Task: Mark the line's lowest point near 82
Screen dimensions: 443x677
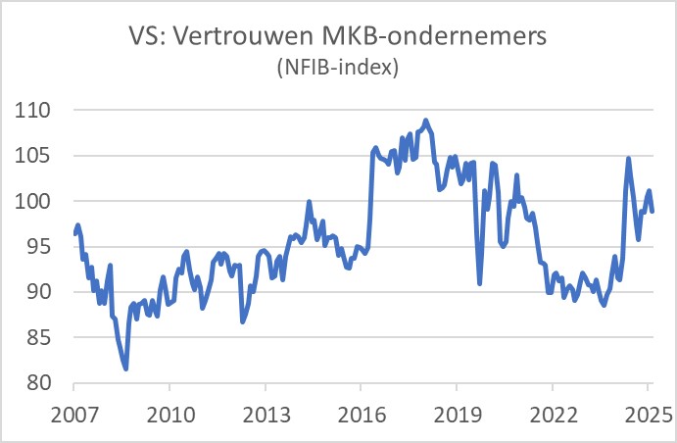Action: tap(126, 369)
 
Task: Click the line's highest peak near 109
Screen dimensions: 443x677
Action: tap(425, 120)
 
